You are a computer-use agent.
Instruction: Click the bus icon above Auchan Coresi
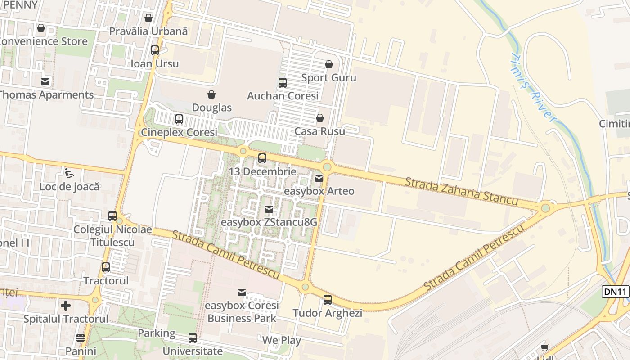point(283,83)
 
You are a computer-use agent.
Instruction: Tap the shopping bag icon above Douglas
point(211,94)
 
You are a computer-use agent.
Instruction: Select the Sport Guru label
point(328,78)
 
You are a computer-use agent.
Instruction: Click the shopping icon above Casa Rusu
point(320,118)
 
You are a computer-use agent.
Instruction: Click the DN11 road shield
point(615,292)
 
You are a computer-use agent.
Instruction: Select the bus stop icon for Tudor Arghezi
point(328,300)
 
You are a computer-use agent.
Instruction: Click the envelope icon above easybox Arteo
point(319,178)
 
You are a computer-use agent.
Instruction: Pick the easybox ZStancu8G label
point(269,222)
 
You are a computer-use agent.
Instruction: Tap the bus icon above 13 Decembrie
point(262,158)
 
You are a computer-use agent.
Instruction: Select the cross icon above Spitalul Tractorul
point(66,306)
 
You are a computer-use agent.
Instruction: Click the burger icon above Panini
point(81,338)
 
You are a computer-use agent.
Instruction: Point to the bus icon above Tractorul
point(106,267)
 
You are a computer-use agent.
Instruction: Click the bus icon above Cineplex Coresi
point(179,119)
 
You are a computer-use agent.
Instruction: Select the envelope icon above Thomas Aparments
point(45,82)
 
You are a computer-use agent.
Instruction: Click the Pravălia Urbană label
point(148,31)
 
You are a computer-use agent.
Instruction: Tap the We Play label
point(282,340)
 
